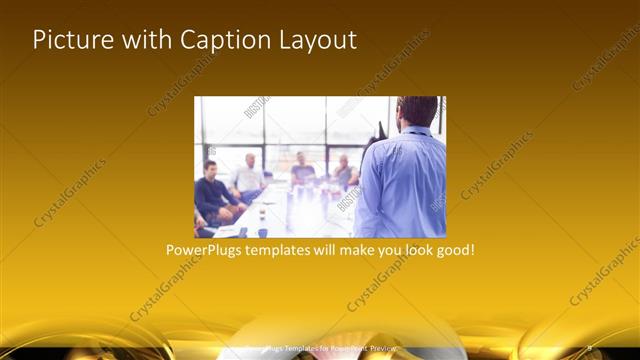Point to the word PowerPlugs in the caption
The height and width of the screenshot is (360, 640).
click(204, 249)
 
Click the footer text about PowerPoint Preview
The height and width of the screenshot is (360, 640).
click(320, 348)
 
